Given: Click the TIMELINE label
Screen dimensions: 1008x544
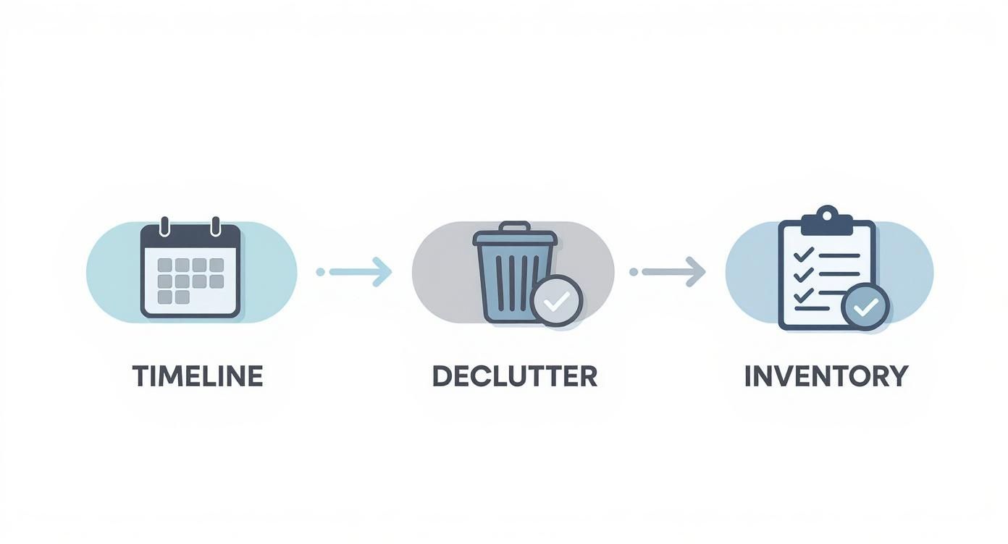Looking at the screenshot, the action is pyautogui.click(x=198, y=376).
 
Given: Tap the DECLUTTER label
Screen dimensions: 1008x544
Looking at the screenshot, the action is pyautogui.click(x=515, y=376).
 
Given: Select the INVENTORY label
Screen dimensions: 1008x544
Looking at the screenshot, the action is pyautogui.click(x=826, y=376).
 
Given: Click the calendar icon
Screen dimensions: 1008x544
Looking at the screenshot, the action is pyautogui.click(x=190, y=268).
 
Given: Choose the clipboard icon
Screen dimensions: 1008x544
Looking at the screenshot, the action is pyautogui.click(x=827, y=268).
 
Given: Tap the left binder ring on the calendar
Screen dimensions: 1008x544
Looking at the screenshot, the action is pyautogui.click(x=164, y=226).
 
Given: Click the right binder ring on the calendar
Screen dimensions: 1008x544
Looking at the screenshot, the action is pyautogui.click(x=216, y=226).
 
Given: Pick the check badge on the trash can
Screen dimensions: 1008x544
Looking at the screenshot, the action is pyautogui.click(x=557, y=301).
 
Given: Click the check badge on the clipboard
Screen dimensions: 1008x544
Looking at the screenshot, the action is pyautogui.click(x=865, y=307).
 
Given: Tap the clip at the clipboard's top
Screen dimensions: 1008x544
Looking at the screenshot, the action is pyautogui.click(x=827, y=221).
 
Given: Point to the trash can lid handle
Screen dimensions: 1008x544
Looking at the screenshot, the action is pyautogui.click(x=516, y=226).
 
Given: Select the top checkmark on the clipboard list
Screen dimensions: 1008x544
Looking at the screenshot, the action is pyautogui.click(x=804, y=255).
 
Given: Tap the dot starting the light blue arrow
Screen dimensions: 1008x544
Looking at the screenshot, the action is pyautogui.click(x=320, y=271).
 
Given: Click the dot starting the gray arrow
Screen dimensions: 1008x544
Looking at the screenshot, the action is pyautogui.click(x=634, y=271).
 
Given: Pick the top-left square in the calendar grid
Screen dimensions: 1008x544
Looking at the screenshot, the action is pyautogui.click(x=164, y=265).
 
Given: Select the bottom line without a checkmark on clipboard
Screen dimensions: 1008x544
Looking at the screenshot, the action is pyautogui.click(x=812, y=308).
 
